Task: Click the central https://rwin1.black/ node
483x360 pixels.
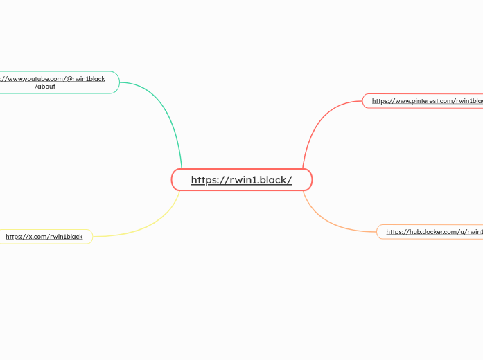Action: click(x=242, y=180)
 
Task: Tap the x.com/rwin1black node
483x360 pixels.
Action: click(x=44, y=237)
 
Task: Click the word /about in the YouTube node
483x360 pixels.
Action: click(x=45, y=87)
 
